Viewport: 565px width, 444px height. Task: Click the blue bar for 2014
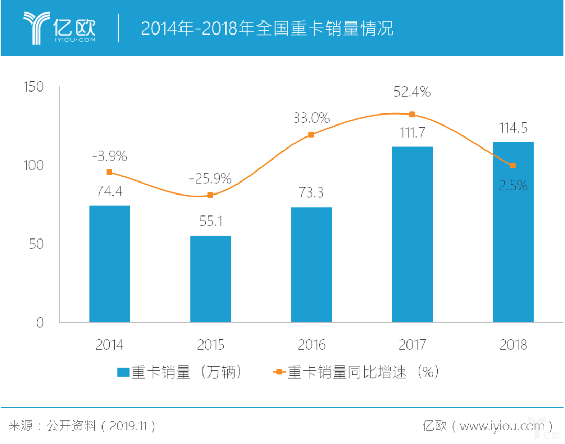(x=109, y=264)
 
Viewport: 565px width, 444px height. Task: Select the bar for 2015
(x=210, y=279)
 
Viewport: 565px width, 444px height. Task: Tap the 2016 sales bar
(x=311, y=265)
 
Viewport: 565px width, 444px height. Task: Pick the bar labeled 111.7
(x=412, y=234)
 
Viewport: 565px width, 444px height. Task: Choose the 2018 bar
(x=513, y=232)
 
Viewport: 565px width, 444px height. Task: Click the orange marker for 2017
(x=412, y=115)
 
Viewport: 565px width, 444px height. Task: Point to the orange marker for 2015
(x=210, y=195)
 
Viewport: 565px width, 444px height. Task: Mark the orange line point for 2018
(x=513, y=165)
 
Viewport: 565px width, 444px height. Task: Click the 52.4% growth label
(x=412, y=92)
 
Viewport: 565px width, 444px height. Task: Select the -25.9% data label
(x=210, y=179)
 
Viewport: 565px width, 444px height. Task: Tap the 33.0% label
(x=311, y=118)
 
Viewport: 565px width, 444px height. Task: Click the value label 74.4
(x=109, y=191)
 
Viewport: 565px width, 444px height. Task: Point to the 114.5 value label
(x=513, y=128)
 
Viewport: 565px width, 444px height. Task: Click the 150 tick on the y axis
(x=33, y=87)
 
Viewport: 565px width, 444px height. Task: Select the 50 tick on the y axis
(x=37, y=244)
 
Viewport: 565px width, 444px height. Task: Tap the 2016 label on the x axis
(x=311, y=345)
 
